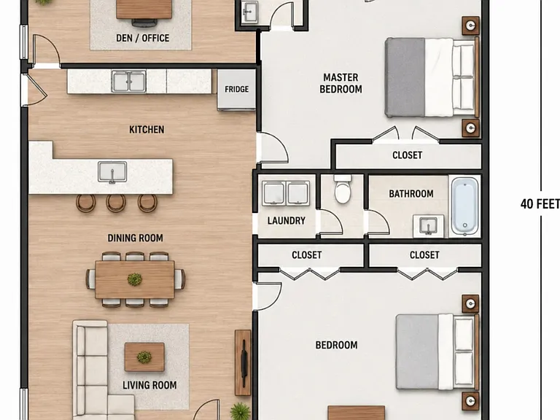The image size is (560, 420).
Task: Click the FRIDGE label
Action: point(236,89)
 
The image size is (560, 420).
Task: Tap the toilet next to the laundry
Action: point(343,190)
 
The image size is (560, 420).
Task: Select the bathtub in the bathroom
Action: point(465,206)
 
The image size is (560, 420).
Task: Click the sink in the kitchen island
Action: point(112,172)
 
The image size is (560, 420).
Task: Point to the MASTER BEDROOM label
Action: point(341,83)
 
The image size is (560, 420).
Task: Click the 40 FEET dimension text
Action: point(540,204)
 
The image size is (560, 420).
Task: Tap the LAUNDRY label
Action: point(287,221)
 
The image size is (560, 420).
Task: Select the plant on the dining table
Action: point(135,279)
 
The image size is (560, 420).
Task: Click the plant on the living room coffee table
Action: point(144,357)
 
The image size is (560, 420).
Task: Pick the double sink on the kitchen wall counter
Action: point(128,82)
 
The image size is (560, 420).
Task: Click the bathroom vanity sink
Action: point(428,226)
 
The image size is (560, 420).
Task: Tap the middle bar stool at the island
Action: point(116,203)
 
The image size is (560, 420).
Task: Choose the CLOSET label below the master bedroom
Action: point(407,155)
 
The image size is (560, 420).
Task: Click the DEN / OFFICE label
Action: point(142,38)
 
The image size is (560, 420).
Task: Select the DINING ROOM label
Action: point(136,238)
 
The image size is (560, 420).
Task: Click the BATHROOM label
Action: point(411,193)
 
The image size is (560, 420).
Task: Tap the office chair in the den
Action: point(144,22)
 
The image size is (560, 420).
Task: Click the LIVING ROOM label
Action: point(149,385)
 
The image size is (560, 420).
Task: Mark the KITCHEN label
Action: point(147,129)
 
